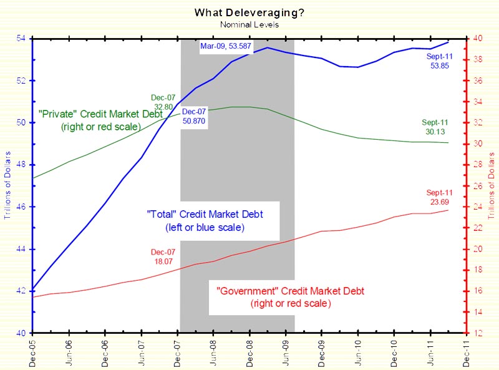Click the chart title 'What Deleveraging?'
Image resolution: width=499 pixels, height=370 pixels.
pos(249,12)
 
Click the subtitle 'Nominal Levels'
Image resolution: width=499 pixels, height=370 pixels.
pos(249,24)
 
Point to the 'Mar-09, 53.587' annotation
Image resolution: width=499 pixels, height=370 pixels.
pos(228,46)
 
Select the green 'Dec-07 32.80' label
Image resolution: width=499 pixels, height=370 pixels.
pos(163,102)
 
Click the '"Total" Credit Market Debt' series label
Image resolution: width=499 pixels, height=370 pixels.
pos(196,220)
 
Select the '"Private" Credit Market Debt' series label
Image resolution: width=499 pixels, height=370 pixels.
pos(101,120)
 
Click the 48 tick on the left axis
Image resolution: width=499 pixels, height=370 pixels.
pos(22,165)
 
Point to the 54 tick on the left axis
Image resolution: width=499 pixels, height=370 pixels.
pos(22,39)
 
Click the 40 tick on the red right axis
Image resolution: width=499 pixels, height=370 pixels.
pos(477,39)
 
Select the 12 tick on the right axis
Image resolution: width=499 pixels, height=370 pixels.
pos(477,333)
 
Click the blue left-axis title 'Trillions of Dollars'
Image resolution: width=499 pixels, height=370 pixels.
pos(7,186)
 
